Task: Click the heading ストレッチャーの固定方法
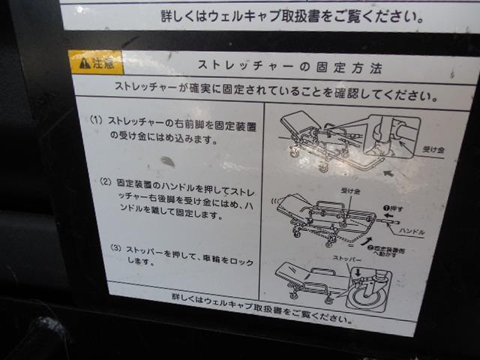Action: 289,68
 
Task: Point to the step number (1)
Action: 95,120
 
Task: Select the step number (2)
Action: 105,181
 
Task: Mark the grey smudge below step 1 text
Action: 168,161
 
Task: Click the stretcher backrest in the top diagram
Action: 301,119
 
